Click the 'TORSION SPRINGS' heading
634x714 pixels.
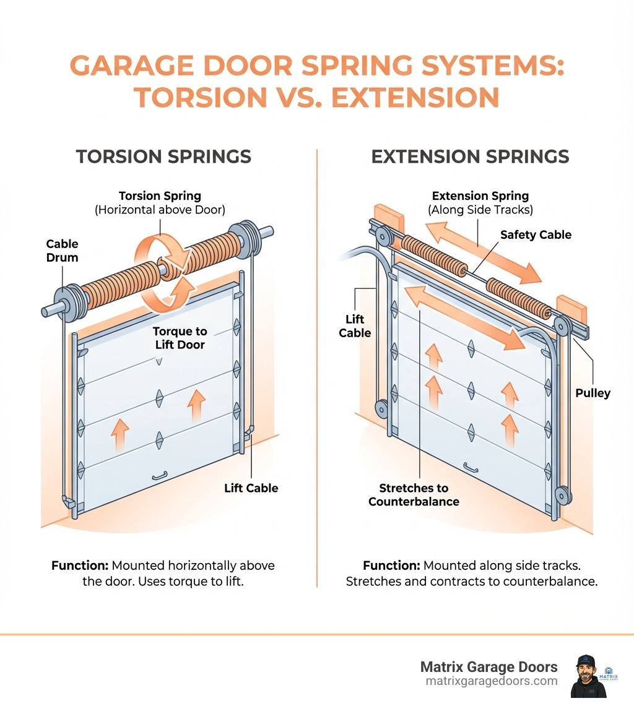[163, 156]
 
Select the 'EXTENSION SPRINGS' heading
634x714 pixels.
[470, 156]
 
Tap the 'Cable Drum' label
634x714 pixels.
[62, 250]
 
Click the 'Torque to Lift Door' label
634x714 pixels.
[180, 338]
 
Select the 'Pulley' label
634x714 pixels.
[593, 393]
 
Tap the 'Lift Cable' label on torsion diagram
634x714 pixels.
[251, 488]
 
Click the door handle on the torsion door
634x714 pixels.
[160, 476]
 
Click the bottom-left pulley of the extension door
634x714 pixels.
[380, 408]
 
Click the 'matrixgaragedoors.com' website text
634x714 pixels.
[492, 681]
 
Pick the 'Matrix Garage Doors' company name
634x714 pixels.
[489, 667]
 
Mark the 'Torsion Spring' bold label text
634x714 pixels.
[160, 196]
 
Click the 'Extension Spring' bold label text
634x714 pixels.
[480, 196]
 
